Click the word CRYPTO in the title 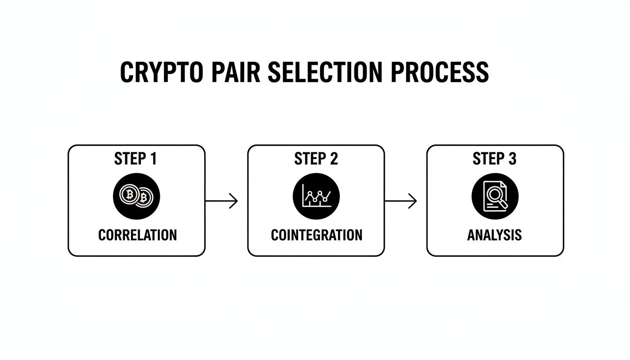(162, 73)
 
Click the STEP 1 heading (135, 159)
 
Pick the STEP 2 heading (316, 159)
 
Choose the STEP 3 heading (495, 159)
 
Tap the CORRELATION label (137, 234)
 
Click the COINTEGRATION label (316, 234)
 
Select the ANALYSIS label (495, 234)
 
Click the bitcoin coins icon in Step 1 (136, 196)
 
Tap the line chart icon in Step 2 (316, 196)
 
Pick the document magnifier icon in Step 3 (495, 196)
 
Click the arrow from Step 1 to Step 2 (222, 201)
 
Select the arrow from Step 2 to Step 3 (401, 201)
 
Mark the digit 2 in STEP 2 (333, 159)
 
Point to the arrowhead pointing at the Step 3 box (413, 201)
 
